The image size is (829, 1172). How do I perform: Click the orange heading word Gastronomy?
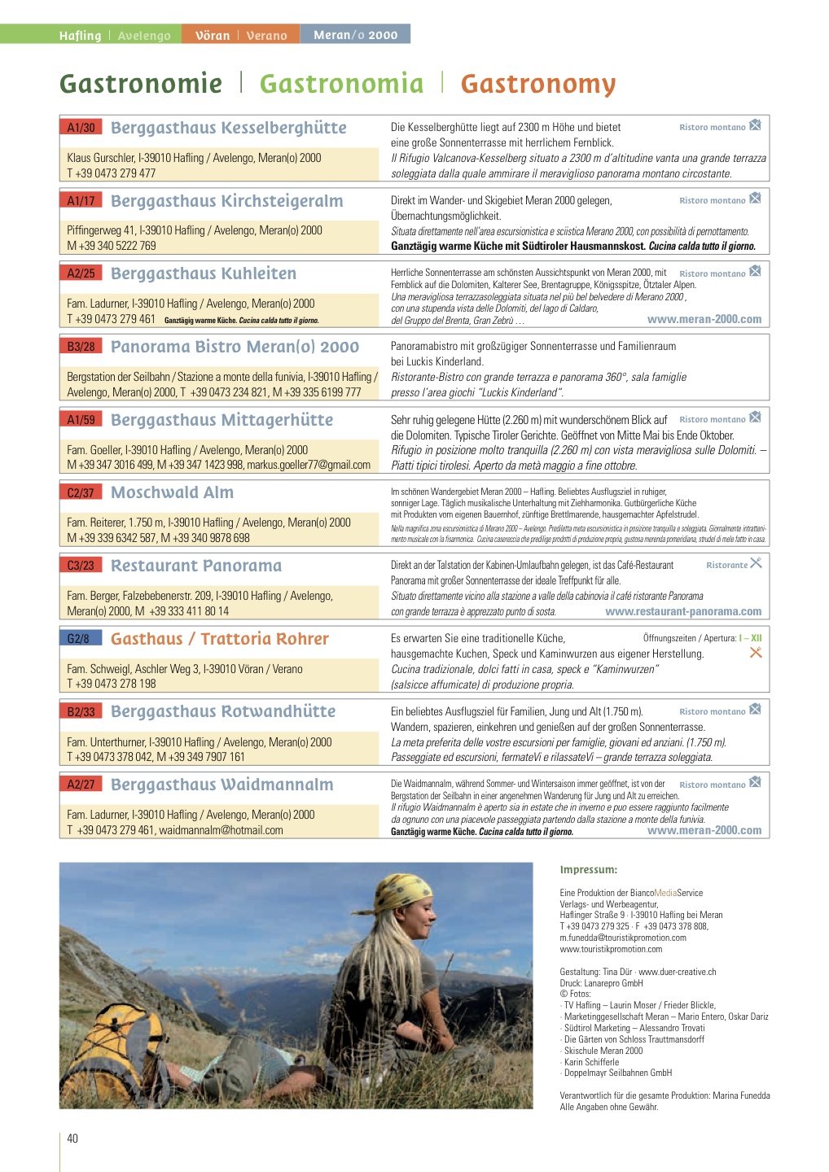537,84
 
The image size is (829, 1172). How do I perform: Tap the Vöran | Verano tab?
241,35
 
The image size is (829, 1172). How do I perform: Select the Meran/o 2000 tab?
355,34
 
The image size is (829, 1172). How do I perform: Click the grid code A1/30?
81,127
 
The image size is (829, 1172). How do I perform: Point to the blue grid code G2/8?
78,639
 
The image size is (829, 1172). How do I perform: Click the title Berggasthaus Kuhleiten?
204,273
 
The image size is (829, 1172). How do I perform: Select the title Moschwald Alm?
172,492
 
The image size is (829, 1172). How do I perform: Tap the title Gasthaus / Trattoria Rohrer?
220,639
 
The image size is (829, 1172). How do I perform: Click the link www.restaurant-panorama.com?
683,611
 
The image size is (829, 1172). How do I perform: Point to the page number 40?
72,1138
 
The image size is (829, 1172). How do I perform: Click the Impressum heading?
588,869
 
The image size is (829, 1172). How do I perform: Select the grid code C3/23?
81,566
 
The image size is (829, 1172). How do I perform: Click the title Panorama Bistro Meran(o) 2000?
235,347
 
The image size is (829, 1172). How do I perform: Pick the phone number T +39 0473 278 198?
112,684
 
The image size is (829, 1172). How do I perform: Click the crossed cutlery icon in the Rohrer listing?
756,652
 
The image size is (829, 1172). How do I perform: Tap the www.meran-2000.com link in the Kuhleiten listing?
704,319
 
